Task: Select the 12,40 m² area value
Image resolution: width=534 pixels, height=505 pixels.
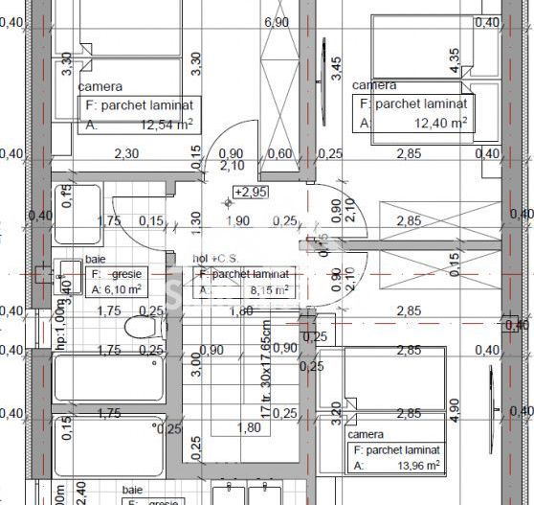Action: tap(440, 123)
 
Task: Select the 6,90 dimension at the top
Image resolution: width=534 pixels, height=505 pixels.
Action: tap(276, 22)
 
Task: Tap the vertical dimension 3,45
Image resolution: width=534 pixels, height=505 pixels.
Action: tap(335, 67)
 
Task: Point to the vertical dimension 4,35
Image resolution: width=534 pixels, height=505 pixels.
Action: tap(455, 58)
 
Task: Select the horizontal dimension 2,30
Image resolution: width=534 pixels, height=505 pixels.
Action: tap(126, 153)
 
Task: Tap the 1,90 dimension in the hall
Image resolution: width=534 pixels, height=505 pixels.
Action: tap(236, 221)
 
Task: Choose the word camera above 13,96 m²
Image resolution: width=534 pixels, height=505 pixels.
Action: tap(365, 434)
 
